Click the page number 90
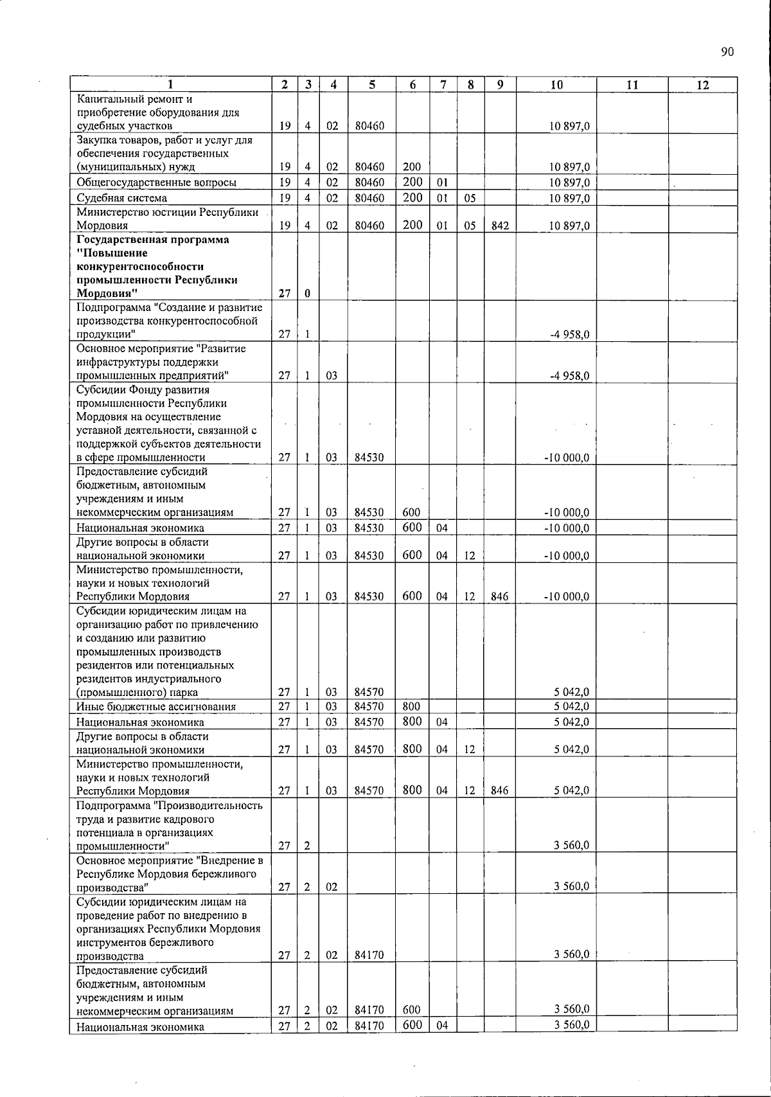click(727, 53)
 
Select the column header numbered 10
click(556, 85)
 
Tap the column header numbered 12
click(702, 85)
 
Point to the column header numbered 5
click(371, 85)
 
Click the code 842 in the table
click(499, 226)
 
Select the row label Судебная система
click(122, 198)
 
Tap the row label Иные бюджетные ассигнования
click(156, 707)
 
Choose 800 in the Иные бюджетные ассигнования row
click(411, 707)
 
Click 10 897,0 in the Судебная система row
click(570, 198)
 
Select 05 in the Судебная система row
click(470, 198)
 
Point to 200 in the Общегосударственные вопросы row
click(412, 182)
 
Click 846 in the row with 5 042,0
click(499, 791)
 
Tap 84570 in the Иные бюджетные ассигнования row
click(369, 707)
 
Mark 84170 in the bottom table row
click(369, 1026)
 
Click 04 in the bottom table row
click(442, 1026)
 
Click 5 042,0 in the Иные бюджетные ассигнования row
click(572, 707)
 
